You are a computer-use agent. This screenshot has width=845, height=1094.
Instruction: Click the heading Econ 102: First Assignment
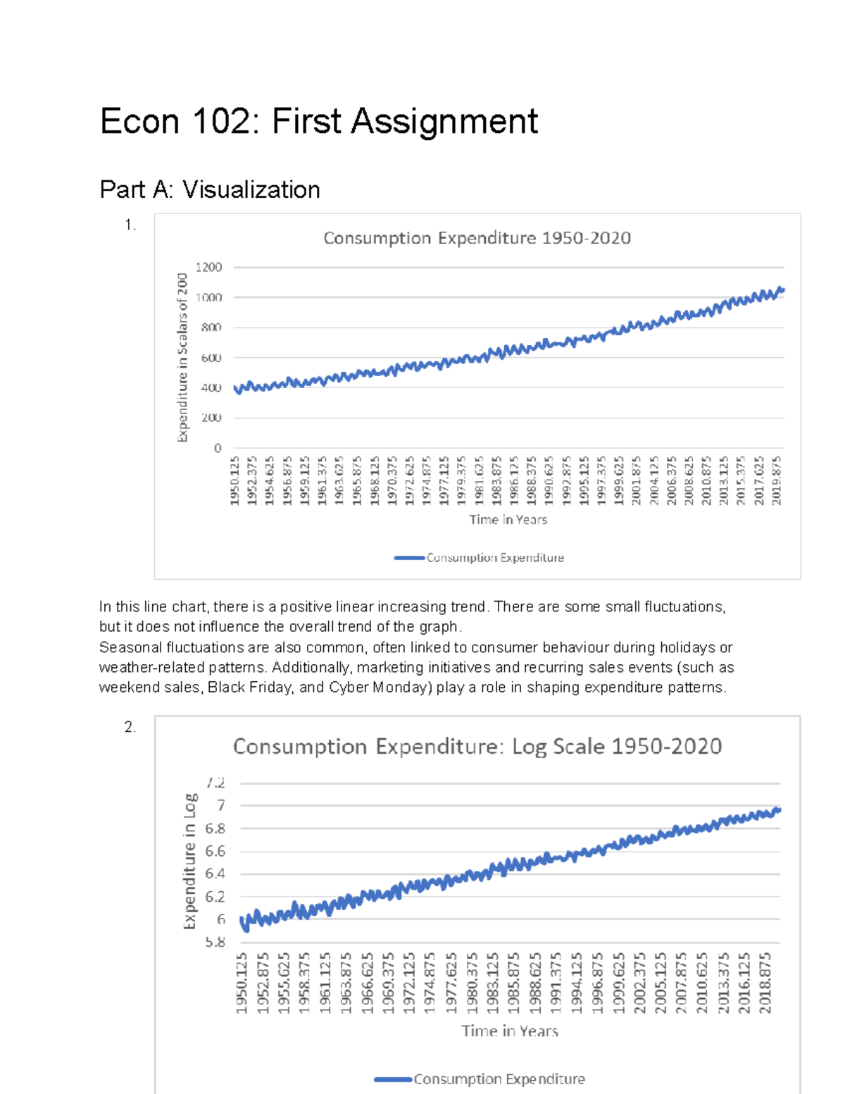[319, 121]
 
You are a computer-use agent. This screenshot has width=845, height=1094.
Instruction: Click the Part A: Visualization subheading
[210, 189]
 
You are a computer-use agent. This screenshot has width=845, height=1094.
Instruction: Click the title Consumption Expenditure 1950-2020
[477, 238]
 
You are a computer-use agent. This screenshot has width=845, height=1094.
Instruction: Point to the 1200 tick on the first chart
[208, 267]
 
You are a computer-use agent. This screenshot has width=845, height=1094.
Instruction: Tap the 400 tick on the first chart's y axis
[211, 388]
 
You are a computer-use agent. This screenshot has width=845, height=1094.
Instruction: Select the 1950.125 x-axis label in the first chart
[235, 480]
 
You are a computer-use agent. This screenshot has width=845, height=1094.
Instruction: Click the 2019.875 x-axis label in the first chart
[777, 480]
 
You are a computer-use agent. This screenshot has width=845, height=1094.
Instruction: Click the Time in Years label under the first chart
[508, 520]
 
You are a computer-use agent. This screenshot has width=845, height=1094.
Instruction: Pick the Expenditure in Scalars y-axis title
[182, 357]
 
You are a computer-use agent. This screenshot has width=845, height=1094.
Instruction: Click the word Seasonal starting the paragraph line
[126, 647]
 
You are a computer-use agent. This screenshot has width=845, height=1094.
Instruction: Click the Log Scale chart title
[477, 747]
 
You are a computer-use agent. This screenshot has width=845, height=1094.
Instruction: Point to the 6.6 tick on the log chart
[215, 851]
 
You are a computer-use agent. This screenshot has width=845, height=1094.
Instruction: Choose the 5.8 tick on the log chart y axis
[215, 942]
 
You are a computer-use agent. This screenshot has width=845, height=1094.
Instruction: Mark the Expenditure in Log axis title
[189, 861]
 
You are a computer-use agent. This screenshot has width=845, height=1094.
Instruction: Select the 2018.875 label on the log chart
[765, 983]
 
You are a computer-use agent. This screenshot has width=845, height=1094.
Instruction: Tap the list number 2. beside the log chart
[130, 727]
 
